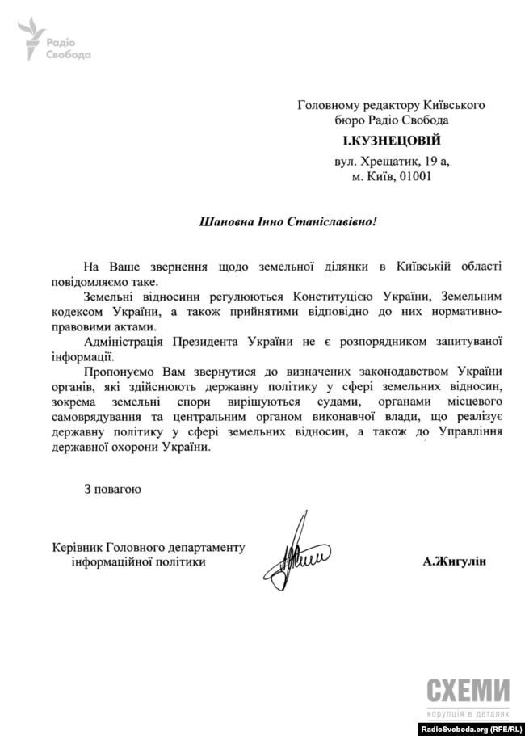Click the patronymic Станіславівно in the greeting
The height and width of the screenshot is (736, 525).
coord(331,221)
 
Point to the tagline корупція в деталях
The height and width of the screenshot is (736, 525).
coord(467,714)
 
